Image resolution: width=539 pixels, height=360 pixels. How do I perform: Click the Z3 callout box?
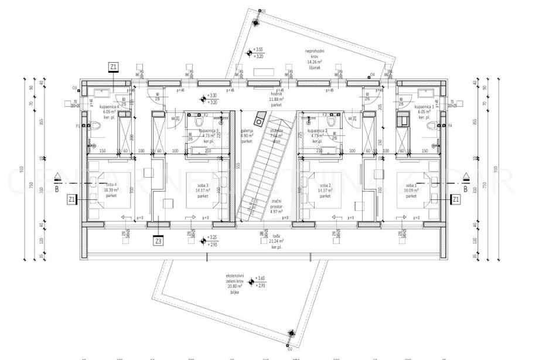click(158, 240)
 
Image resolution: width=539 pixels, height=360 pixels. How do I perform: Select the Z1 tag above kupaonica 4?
click(114, 67)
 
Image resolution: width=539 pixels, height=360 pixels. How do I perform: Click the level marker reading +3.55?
click(250, 53)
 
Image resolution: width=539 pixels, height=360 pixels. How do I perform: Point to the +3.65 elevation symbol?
click(252, 282)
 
